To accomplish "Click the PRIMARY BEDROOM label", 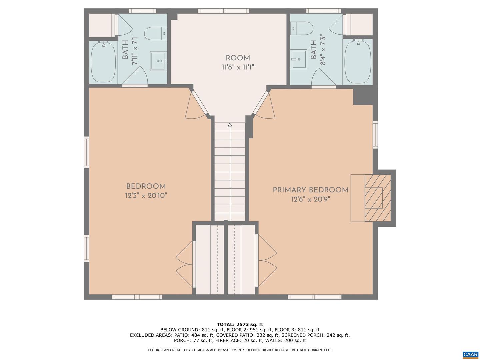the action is (310, 190).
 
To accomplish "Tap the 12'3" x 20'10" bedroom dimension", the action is (146, 195).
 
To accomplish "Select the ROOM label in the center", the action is (238, 58).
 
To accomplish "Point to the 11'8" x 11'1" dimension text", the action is (238, 67).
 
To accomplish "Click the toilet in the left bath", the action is (156, 33).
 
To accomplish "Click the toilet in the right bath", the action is (302, 28).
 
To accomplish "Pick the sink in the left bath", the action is (158, 61).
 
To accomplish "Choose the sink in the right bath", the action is (299, 59).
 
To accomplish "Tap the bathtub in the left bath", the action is (103, 62).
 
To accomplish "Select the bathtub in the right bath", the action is (358, 61).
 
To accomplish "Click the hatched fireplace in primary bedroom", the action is (378, 198).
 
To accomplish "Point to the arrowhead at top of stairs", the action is (230, 125).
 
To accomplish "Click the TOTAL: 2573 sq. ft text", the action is (240, 324).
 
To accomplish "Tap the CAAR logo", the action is (470, 354).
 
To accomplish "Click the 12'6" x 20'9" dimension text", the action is (310, 199).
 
